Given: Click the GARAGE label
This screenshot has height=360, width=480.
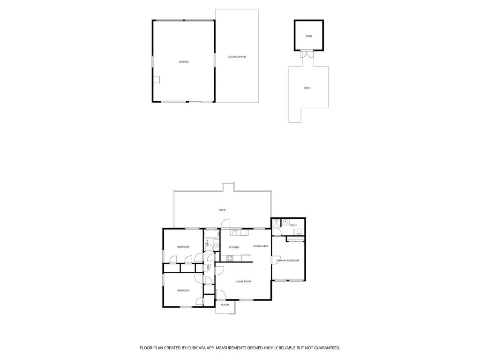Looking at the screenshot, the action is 184,62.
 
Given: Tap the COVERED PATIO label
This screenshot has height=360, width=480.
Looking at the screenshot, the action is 237,57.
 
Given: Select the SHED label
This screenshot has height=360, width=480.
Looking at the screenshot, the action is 308,36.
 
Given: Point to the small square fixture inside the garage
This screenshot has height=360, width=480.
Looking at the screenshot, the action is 157,80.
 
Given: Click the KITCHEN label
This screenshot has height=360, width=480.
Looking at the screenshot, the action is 234,247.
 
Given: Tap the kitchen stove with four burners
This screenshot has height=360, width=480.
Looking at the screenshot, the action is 230,258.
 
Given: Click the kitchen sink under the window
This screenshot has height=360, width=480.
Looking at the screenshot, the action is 235,232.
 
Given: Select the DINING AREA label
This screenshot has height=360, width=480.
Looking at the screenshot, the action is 261,246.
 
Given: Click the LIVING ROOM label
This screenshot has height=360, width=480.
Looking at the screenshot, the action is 243,281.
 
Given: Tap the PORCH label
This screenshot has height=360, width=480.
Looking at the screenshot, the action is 225,305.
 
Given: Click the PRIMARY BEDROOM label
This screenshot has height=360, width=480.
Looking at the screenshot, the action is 287,261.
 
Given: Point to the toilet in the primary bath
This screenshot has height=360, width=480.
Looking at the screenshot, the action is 300,232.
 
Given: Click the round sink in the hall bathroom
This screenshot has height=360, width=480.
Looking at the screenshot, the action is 217,245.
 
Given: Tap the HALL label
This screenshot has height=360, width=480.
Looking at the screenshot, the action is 209,268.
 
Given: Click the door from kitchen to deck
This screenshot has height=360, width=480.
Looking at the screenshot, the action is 225,223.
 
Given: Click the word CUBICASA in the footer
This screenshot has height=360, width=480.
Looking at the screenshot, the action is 200,348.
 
